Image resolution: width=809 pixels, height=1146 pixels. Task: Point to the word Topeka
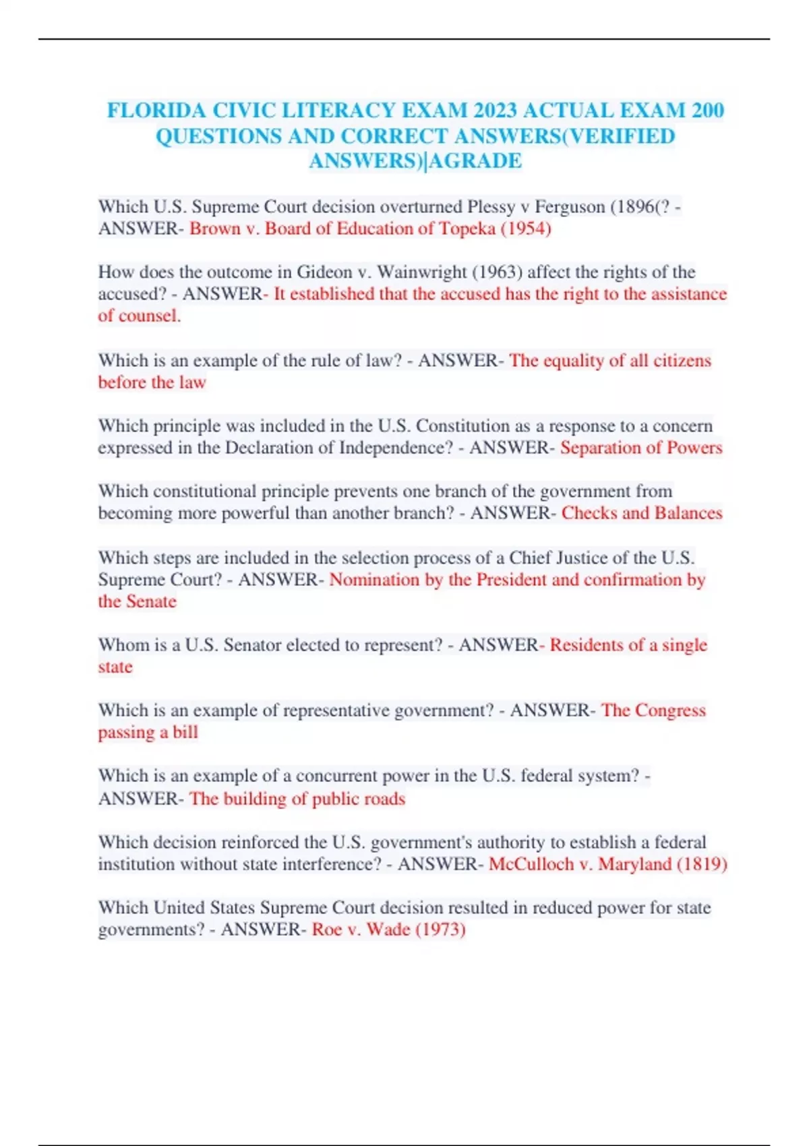(x=467, y=229)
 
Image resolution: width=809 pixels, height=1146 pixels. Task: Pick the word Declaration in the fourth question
(x=280, y=448)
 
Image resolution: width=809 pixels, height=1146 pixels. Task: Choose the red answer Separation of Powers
(x=641, y=448)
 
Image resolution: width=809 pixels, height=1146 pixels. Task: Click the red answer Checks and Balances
(x=642, y=513)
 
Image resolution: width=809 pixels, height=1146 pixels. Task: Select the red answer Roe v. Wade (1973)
(x=389, y=930)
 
